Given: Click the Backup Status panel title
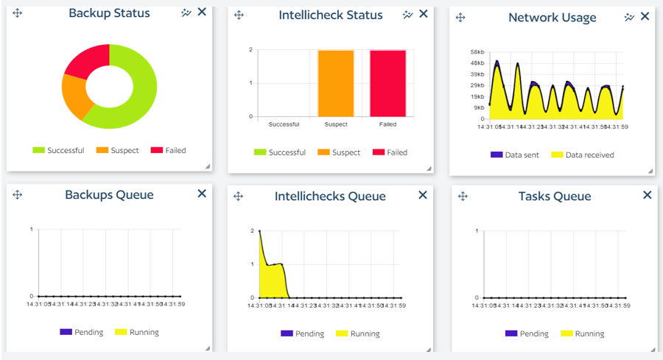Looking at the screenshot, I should [x=109, y=13].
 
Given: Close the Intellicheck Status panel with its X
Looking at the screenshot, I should [x=423, y=14].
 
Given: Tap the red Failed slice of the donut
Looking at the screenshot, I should [x=85, y=61].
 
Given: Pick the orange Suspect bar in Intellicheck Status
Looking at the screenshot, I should [x=336, y=83].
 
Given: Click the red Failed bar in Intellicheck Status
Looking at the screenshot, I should [x=387, y=83].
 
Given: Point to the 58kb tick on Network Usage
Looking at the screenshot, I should [x=476, y=52].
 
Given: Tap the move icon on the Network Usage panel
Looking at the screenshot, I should [x=460, y=17].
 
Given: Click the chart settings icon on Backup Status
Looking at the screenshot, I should [x=186, y=13].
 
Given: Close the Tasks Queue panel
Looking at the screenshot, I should [x=647, y=195].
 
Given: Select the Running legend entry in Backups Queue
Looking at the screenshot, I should [x=137, y=332].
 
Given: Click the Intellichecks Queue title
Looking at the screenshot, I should [x=330, y=197].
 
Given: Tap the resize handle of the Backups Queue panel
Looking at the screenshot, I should [x=207, y=347].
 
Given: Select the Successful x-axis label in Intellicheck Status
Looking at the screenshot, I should [x=284, y=124].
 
